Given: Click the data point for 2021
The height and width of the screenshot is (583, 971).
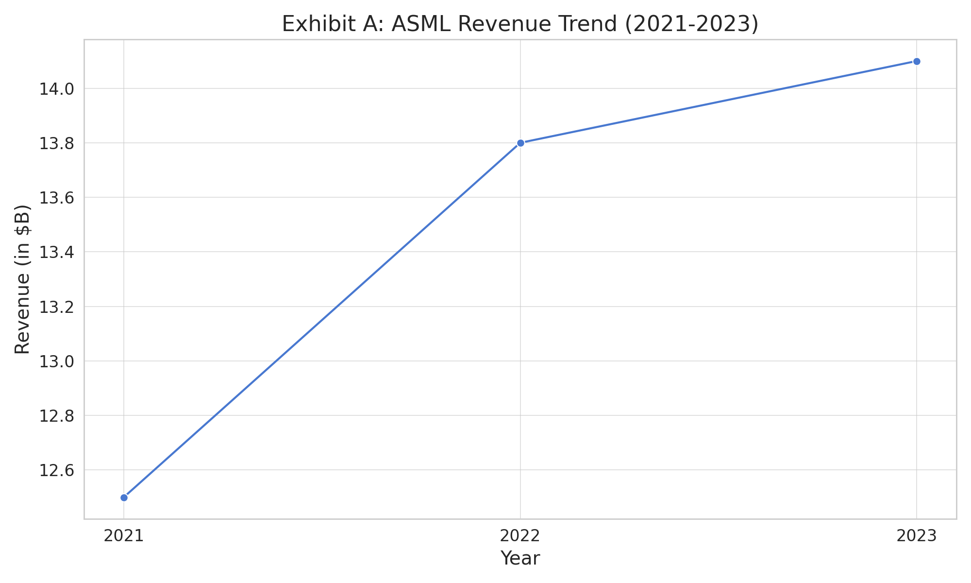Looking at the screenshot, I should pyautogui.click(x=124, y=497).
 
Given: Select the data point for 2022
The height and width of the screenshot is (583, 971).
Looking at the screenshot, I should pyautogui.click(x=520, y=143).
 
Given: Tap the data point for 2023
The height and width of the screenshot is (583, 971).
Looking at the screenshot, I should pyautogui.click(x=917, y=61).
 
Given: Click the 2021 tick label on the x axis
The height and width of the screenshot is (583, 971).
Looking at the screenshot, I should pyautogui.click(x=124, y=536).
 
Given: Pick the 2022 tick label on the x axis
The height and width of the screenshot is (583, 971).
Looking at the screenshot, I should pyautogui.click(x=520, y=536).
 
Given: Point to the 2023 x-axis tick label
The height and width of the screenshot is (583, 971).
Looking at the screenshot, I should pyautogui.click(x=917, y=536).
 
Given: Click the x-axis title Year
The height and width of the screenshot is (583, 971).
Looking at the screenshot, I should pyautogui.click(x=520, y=559).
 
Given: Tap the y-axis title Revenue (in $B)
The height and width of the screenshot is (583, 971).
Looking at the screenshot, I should pyautogui.click(x=23, y=279).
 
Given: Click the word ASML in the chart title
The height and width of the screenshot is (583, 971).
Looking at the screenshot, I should pyautogui.click(x=421, y=24).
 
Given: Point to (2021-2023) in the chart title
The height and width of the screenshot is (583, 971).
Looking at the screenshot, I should pyautogui.click(x=691, y=24).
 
